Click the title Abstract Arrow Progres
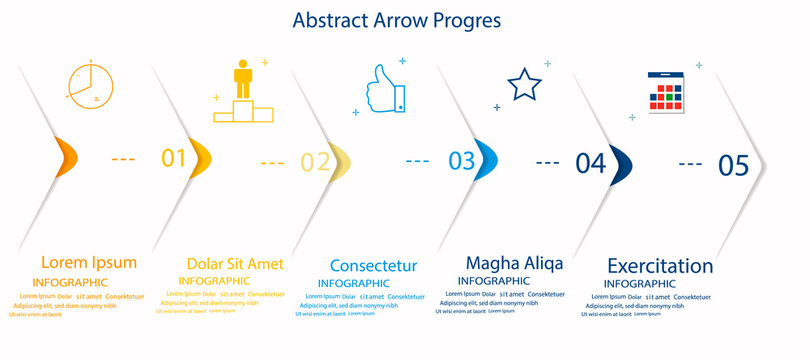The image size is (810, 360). [x=396, y=20]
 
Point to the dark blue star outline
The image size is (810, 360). [x=524, y=85]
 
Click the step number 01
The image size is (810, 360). [x=174, y=158]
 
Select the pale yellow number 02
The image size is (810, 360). [x=315, y=162]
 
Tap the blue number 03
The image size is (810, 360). [x=462, y=160]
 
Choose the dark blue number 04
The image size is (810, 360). [x=591, y=162]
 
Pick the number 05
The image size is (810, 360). [x=733, y=166]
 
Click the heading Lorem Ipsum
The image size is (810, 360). [x=88, y=262]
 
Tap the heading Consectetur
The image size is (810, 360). [x=373, y=266]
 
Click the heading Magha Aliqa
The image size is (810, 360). [x=514, y=263]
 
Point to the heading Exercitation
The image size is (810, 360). [x=660, y=266]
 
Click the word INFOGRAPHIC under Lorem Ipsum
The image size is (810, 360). [x=70, y=283]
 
